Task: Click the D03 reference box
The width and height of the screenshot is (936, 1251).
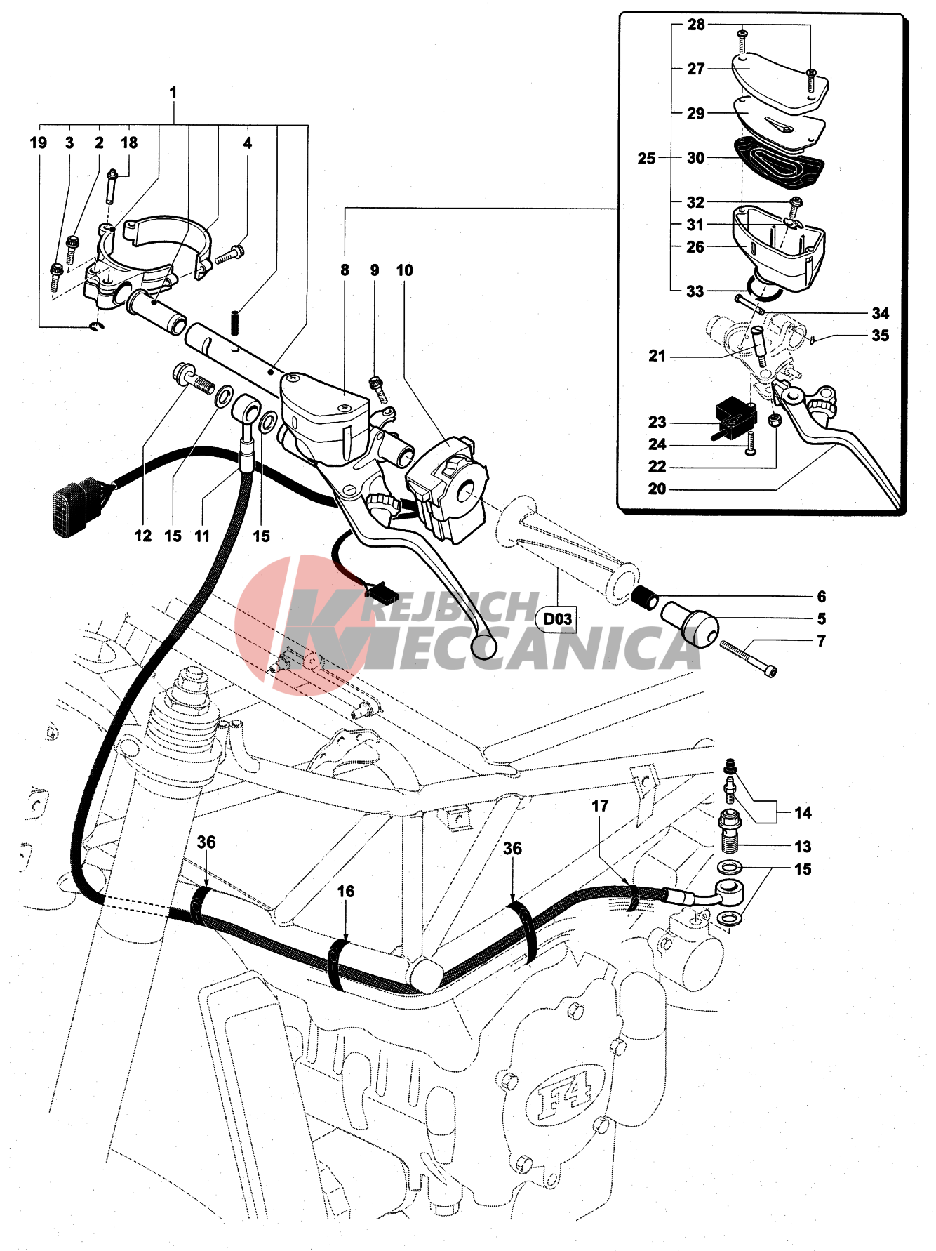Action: pyautogui.click(x=558, y=619)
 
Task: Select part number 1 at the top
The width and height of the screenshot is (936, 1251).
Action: pyautogui.click(x=173, y=93)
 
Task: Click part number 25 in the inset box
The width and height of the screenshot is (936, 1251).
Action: pyautogui.click(x=646, y=159)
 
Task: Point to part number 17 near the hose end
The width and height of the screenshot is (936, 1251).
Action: pyautogui.click(x=600, y=806)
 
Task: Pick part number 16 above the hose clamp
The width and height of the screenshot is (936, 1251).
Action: pyautogui.click(x=346, y=892)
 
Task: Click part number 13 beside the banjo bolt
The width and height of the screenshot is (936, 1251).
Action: pyautogui.click(x=803, y=847)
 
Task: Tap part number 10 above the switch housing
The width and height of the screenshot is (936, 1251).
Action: pyautogui.click(x=404, y=270)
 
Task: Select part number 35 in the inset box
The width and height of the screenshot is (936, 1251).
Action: pyautogui.click(x=880, y=336)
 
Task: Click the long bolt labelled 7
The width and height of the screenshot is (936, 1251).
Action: pyautogui.click(x=748, y=657)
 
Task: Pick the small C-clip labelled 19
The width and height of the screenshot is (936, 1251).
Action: pyautogui.click(x=97, y=327)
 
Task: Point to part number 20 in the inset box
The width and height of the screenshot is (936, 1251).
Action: pyautogui.click(x=657, y=489)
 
